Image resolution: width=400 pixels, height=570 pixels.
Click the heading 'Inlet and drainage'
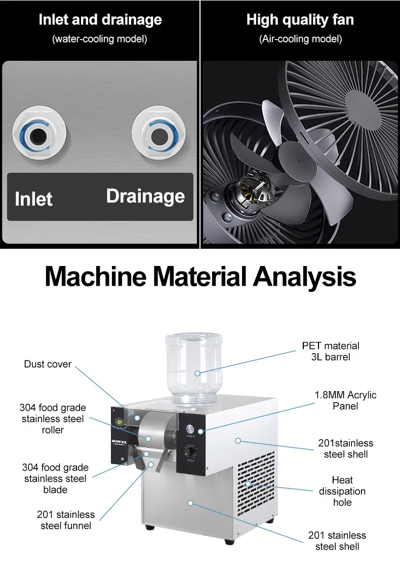pyautogui.click(x=100, y=20)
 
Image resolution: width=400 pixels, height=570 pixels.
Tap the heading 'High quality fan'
pyautogui.click(x=300, y=20)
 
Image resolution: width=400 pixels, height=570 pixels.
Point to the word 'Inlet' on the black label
pyautogui.click(x=33, y=199)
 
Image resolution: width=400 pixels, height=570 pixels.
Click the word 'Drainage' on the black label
pyautogui.click(x=145, y=196)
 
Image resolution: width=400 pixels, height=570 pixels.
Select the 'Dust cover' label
pyautogui.click(x=48, y=364)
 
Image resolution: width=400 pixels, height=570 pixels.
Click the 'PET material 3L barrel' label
pyautogui.click(x=330, y=351)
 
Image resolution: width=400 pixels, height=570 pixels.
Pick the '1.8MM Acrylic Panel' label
pyautogui.click(x=345, y=400)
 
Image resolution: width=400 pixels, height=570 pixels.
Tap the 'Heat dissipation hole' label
pyautogui.click(x=342, y=491)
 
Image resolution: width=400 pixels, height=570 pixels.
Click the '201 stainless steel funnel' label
pyautogui.click(x=66, y=520)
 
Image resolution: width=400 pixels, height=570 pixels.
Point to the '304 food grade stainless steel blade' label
pyautogui.click(x=55, y=478)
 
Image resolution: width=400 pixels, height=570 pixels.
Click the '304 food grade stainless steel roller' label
pyautogui.click(x=53, y=419)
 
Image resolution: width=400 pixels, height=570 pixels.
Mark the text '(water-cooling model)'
pyautogui.click(x=100, y=39)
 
